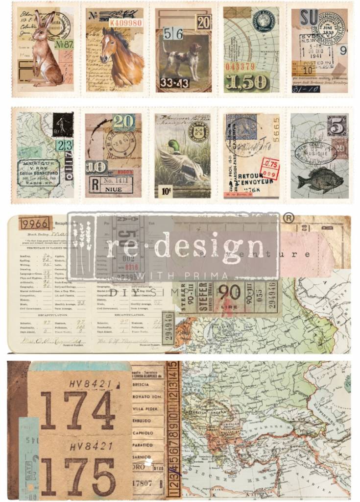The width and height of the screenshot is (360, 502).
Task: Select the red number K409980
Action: tap(125, 23)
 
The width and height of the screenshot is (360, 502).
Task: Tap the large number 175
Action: tap(77, 476)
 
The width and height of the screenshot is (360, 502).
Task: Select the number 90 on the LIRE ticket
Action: tap(229, 292)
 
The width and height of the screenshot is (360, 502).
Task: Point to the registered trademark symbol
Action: tap(289, 218)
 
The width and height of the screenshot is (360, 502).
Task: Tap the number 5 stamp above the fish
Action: tap(337, 126)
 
